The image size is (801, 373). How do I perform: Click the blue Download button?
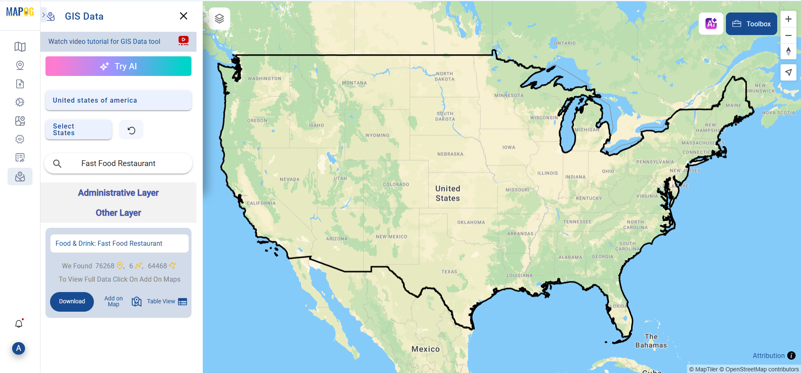click(x=72, y=302)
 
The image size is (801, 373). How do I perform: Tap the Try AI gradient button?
click(x=118, y=66)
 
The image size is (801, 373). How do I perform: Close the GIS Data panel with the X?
click(x=184, y=16)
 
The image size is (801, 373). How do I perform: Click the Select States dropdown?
click(x=78, y=130)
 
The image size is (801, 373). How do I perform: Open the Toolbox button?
click(x=751, y=24)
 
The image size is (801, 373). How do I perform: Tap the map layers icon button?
click(x=219, y=18)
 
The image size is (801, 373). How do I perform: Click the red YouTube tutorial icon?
click(x=184, y=40)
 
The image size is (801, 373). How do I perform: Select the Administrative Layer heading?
click(x=118, y=193)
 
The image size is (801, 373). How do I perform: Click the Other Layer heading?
click(x=118, y=213)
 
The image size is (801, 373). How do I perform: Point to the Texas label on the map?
click(x=449, y=272)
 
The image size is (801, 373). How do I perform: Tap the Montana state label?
click(x=354, y=83)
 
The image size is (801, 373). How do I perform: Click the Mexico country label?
click(x=426, y=349)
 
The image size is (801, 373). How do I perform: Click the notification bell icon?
click(x=19, y=324)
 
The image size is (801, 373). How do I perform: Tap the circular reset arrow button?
click(x=131, y=130)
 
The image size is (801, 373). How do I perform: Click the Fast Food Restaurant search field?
click(x=118, y=164)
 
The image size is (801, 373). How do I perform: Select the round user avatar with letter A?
click(x=18, y=348)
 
